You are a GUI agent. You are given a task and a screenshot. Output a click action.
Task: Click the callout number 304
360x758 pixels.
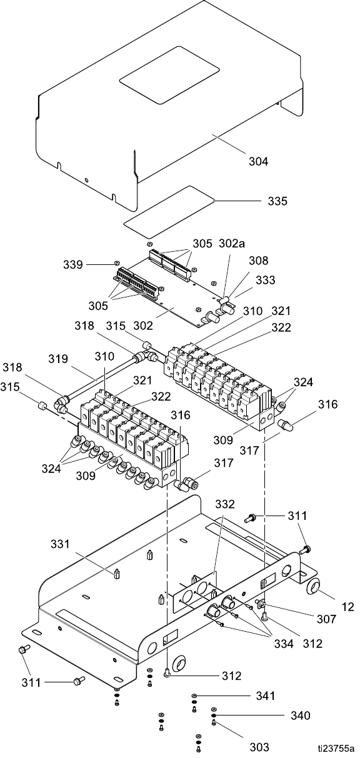259,161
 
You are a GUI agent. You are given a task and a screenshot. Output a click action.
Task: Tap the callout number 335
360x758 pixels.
277,201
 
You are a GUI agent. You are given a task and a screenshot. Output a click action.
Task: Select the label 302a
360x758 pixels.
232,243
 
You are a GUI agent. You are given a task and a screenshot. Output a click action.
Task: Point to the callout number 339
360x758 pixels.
72,264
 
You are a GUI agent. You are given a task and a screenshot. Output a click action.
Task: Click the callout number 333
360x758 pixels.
266,280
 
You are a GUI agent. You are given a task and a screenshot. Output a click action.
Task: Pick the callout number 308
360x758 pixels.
259,260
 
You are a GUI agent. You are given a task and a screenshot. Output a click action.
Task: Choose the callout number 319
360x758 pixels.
58,358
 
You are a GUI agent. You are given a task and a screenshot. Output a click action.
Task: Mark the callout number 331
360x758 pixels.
60,544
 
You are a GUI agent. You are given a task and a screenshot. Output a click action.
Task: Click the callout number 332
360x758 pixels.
225,504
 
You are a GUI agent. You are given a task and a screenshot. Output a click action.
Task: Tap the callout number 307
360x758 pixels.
326,618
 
